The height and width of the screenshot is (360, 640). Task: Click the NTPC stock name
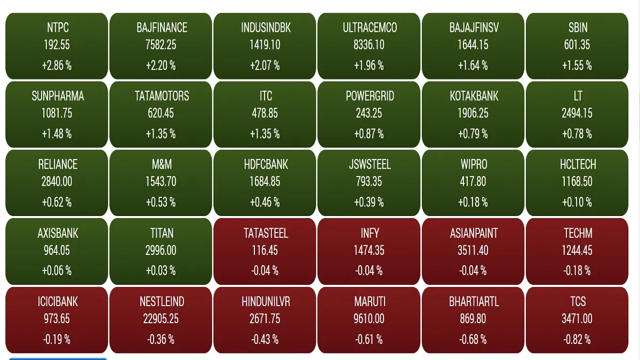[57, 28]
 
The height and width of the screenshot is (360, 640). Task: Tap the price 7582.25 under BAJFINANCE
[161, 45]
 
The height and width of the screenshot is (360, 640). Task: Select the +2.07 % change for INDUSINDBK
[265, 66]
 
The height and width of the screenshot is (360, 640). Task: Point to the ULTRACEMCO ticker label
[370, 28]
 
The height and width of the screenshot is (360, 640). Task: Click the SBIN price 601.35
[577, 45]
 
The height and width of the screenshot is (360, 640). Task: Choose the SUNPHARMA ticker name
[57, 96]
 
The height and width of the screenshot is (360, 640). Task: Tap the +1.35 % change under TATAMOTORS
[161, 134]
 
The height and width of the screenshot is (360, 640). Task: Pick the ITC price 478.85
[265, 113]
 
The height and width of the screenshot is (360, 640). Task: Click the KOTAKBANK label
[474, 96]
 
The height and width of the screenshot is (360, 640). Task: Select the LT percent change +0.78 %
[577, 134]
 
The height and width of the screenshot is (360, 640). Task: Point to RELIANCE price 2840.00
[57, 181]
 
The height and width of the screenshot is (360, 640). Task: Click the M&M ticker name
[161, 164]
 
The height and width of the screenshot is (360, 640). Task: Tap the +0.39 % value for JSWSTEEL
[370, 202]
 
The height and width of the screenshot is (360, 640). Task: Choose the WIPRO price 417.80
[474, 181]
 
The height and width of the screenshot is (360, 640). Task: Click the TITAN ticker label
[161, 233]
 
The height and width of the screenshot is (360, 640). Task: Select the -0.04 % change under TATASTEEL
[265, 271]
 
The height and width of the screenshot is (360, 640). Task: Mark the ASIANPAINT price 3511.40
[474, 250]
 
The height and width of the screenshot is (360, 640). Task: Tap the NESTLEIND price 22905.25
[161, 318]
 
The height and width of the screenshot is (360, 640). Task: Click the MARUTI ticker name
[370, 301]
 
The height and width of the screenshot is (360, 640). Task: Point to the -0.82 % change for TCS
[577, 339]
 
